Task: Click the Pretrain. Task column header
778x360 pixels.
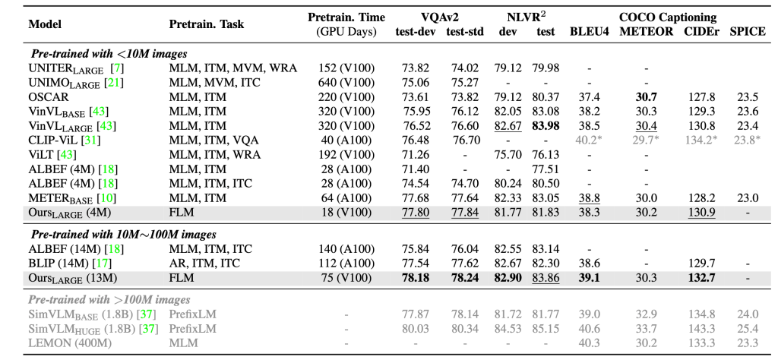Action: [x=207, y=24]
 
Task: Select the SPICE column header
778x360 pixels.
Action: [x=748, y=31]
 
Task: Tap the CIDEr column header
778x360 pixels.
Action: [x=701, y=31]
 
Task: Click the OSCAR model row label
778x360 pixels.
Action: [x=49, y=97]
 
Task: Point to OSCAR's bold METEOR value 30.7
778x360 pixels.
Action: [x=647, y=97]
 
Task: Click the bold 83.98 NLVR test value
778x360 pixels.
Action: [x=546, y=126]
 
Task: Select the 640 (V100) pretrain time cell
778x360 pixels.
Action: [x=346, y=83]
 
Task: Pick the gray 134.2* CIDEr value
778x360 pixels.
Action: [x=701, y=141]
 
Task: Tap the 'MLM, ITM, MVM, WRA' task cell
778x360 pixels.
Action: [x=232, y=68]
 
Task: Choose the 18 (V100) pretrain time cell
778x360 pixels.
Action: [x=346, y=212]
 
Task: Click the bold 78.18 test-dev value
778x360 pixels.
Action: [x=413, y=278]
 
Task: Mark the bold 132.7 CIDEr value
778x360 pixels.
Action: [x=701, y=278]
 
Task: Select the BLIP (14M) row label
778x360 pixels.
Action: [x=55, y=264]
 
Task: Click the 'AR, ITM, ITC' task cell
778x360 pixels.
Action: [x=204, y=264]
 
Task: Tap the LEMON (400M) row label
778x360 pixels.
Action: [x=70, y=343]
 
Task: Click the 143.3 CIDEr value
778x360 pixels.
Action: [x=701, y=328]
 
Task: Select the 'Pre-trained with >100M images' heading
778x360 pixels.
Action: [x=109, y=299]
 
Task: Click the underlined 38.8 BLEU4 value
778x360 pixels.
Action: [x=589, y=198]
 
